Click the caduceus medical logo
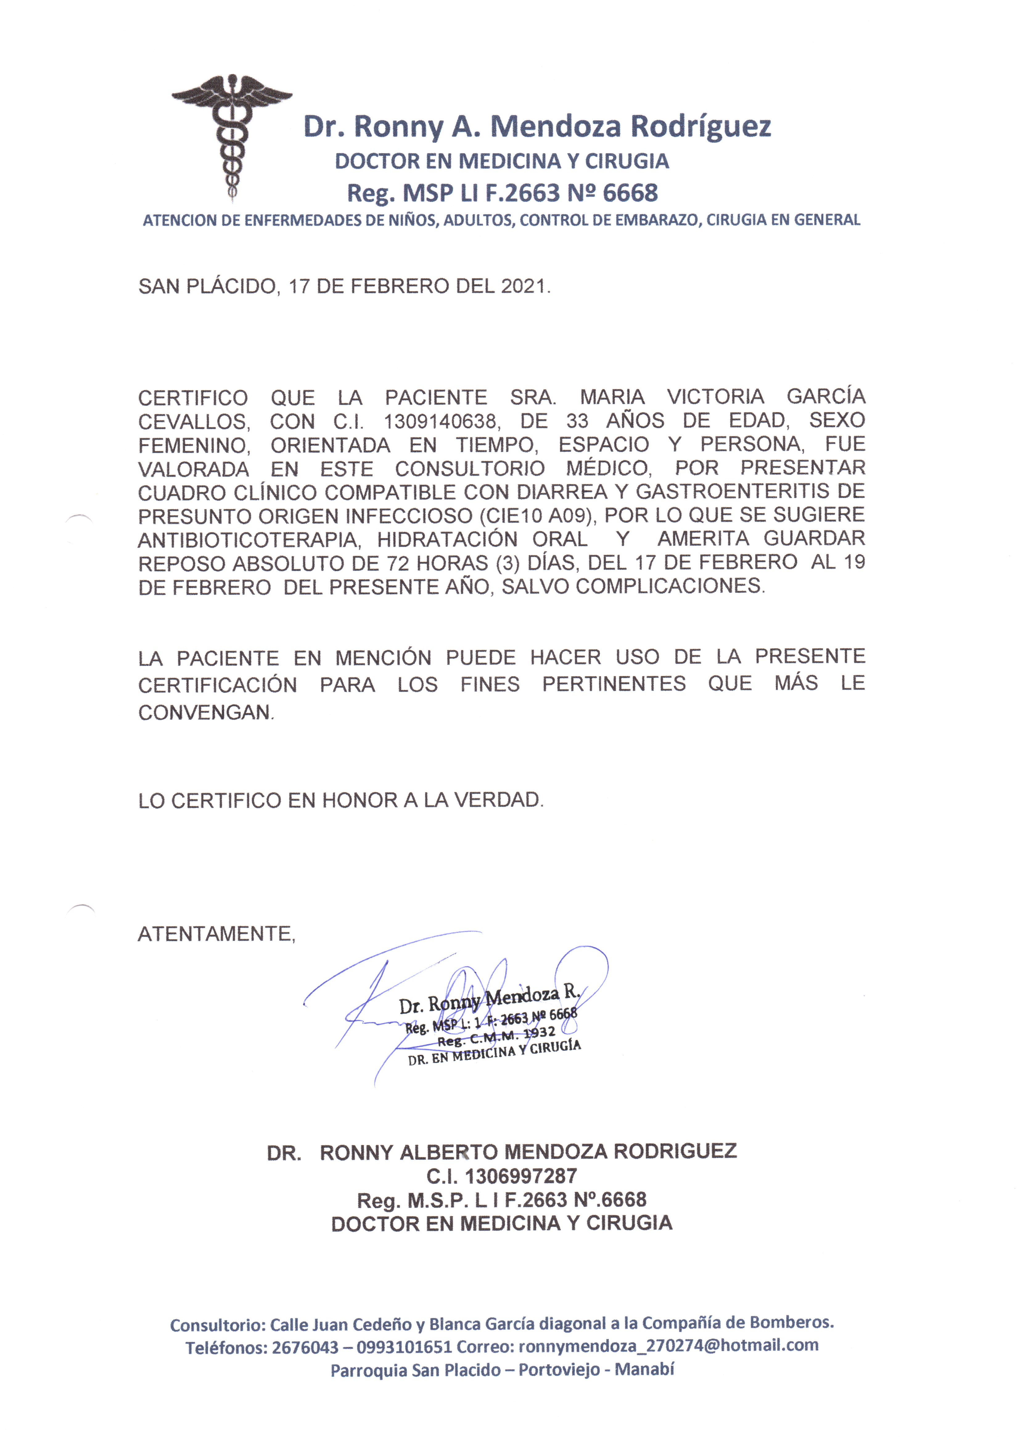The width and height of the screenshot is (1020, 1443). click(232, 135)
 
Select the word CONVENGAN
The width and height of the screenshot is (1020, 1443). click(205, 713)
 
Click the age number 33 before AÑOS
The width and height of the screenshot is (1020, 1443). click(577, 421)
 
